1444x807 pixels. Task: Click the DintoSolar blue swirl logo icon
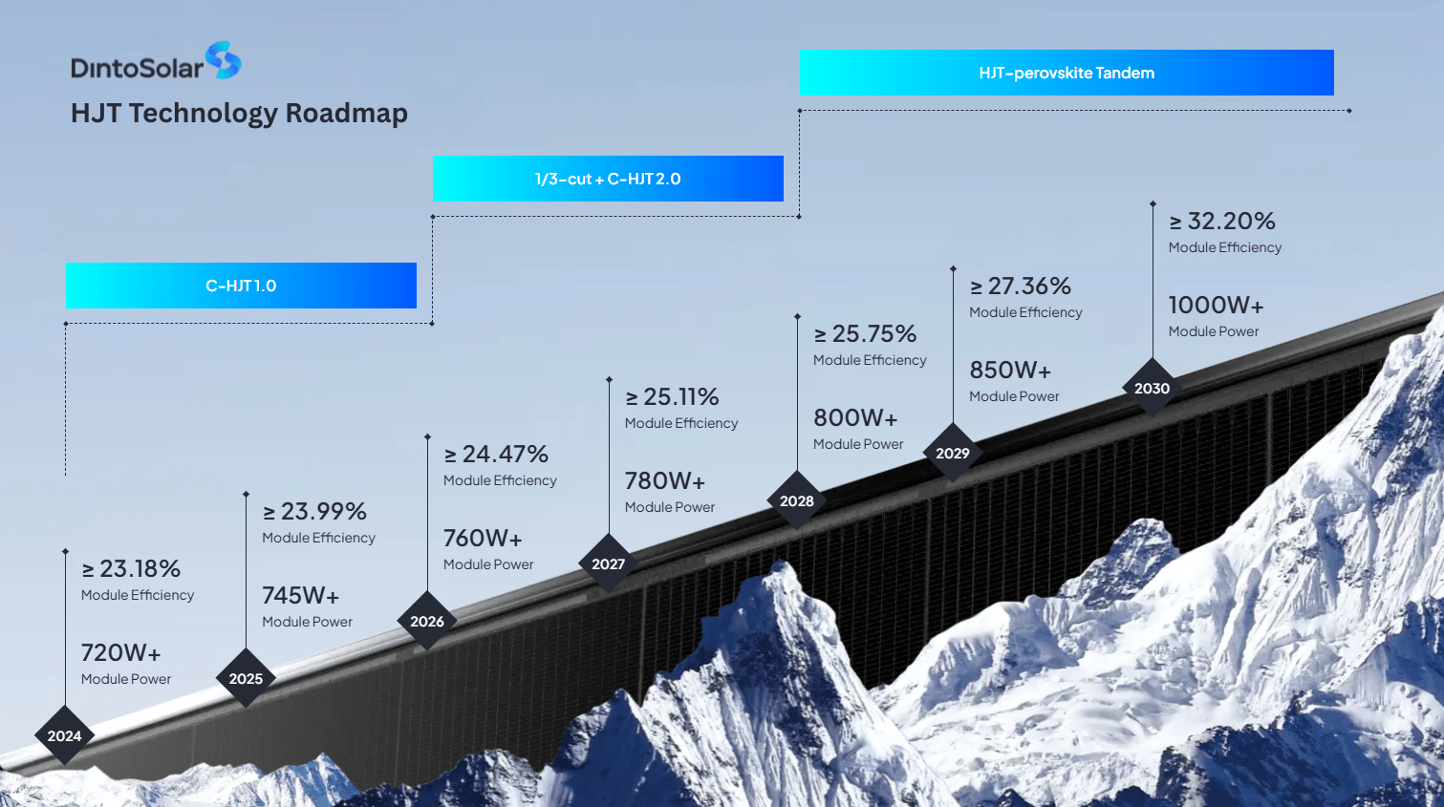point(224,60)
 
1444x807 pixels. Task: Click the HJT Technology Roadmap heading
point(239,114)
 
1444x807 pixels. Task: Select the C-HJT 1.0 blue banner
point(241,286)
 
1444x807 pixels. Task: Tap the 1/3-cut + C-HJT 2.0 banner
point(608,179)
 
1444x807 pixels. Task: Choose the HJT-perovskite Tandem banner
point(1067,73)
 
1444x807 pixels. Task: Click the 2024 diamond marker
point(64,735)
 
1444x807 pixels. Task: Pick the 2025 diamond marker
point(246,678)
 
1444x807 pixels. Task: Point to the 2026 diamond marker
point(427,621)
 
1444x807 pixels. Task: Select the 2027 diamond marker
point(608,563)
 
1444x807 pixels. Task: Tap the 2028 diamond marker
point(797,500)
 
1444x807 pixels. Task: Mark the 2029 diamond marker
point(953,453)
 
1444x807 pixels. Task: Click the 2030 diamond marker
point(1152,388)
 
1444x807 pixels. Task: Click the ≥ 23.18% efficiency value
point(131,569)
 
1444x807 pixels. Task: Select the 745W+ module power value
point(301,596)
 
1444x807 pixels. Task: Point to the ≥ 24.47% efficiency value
point(496,455)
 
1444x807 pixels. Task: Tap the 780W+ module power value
point(665,481)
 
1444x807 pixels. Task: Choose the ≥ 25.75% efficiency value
point(865,334)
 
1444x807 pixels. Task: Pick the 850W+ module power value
point(1010,371)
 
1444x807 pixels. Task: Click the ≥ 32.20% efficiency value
point(1222,222)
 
